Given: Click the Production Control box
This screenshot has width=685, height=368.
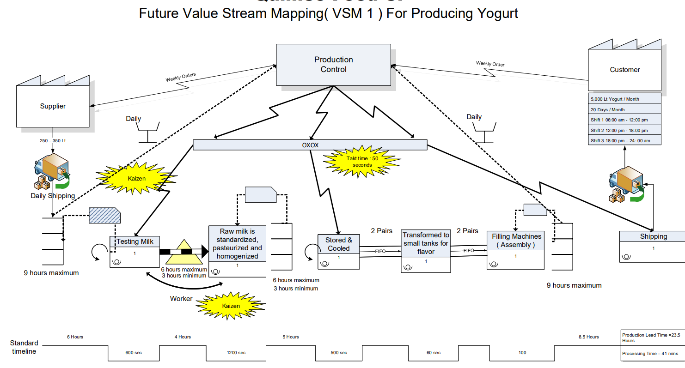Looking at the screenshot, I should coord(333,65).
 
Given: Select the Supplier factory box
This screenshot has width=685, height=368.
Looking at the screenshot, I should coord(53,106).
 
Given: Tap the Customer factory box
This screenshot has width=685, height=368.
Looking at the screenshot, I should coord(624,69).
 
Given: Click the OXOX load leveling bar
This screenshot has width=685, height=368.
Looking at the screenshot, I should coord(310,145).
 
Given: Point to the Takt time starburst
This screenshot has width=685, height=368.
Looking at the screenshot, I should coord(362,161).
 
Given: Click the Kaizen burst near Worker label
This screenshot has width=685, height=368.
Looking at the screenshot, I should coord(231,306).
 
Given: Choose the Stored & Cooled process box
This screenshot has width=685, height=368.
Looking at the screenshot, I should coord(338,252).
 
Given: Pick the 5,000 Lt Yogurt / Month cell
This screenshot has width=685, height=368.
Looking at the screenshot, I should coord(624,99).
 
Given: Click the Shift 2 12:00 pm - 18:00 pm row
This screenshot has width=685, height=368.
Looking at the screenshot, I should coord(624,130).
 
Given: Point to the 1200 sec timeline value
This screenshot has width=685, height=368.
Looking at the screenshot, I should coord(236,353).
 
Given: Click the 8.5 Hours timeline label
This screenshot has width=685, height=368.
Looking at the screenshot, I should coord(588,337).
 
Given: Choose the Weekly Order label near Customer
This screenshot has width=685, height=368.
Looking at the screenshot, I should coord(490,64).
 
